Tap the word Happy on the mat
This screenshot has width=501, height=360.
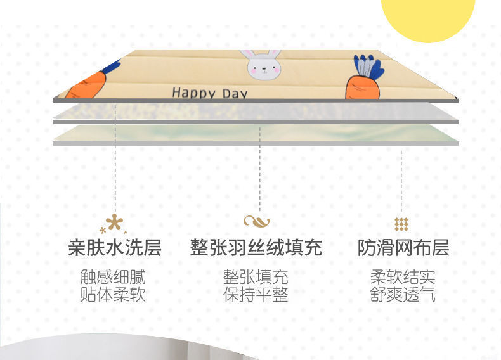click(193, 93)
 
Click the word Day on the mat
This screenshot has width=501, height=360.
click(235, 94)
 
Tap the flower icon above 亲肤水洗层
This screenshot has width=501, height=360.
click(114, 224)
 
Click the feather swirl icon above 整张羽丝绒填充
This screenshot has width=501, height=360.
click(257, 221)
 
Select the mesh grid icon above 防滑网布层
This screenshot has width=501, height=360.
click(401, 224)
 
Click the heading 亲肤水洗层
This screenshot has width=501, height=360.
click(115, 248)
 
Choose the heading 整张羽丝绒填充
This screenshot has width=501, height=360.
click(256, 248)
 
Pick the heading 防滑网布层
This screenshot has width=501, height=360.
click(403, 248)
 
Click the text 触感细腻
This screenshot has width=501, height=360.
click(113, 277)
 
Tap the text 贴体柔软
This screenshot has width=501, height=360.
click(113, 295)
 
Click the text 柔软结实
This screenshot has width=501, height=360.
click(403, 277)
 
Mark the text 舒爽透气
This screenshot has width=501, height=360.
click(403, 295)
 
